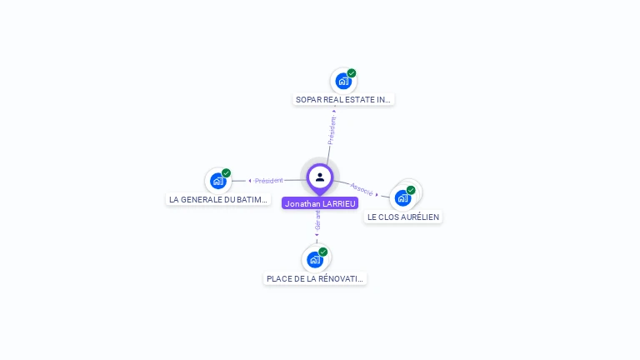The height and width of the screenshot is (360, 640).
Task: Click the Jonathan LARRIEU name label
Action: (320, 203)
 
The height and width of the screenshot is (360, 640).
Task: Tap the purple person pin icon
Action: (320, 177)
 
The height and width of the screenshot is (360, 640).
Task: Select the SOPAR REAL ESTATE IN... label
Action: (343, 100)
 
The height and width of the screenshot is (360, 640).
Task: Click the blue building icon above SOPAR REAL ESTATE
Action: (342, 82)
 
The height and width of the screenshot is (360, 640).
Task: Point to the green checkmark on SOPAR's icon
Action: (352, 73)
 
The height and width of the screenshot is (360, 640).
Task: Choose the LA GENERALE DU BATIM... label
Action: (218, 200)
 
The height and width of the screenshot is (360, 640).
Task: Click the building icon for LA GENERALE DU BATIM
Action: (217, 181)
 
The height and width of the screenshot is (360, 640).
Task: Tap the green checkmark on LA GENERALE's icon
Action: (226, 173)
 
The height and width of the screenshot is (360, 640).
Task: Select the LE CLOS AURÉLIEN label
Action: (403, 217)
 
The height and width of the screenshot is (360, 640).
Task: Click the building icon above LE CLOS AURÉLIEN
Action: (402, 198)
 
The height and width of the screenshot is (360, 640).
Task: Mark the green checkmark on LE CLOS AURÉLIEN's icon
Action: (411, 190)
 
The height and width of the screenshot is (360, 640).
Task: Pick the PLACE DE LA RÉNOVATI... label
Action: (315, 278)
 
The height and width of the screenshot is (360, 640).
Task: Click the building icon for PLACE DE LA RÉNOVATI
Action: (314, 259)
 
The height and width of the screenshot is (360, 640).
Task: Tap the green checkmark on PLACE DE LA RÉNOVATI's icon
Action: (323, 252)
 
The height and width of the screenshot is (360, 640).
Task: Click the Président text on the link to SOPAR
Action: (332, 130)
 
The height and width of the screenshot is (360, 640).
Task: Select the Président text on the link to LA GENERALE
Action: (269, 181)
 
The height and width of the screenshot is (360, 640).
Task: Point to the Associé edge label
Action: (362, 188)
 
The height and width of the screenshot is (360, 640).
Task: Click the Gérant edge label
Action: (317, 221)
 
